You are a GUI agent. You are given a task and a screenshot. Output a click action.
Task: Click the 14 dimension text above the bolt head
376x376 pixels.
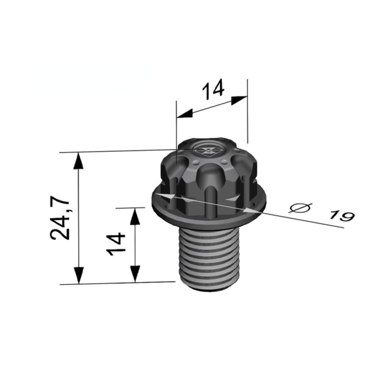click(x=213, y=89)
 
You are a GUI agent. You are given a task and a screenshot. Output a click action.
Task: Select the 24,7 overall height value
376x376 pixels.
click(x=61, y=219)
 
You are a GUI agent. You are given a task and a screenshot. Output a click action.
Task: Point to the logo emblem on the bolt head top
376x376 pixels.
click(x=208, y=150)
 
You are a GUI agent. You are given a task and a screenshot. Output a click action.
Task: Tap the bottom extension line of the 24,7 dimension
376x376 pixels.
click(x=117, y=283)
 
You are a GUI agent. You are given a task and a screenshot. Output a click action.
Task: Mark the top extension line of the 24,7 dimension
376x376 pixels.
click(x=117, y=152)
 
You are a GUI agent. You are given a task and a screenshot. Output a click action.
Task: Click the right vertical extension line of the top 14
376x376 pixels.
click(x=247, y=113)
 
